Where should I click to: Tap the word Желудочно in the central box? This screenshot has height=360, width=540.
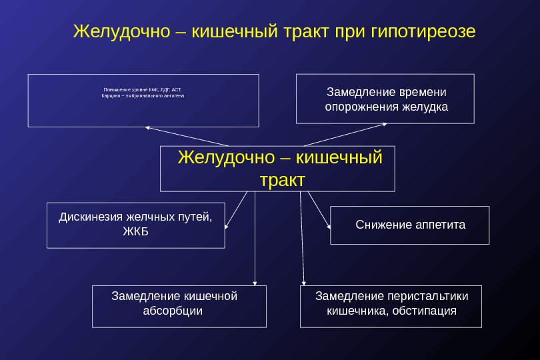225,158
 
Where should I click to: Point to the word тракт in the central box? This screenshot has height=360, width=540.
281,180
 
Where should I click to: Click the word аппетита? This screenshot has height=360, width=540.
441,225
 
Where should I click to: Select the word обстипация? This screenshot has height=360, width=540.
425,310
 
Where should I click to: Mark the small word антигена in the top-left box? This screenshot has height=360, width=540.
172,96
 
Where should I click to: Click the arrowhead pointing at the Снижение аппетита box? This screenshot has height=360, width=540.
329,227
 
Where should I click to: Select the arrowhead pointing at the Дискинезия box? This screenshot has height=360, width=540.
227,227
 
